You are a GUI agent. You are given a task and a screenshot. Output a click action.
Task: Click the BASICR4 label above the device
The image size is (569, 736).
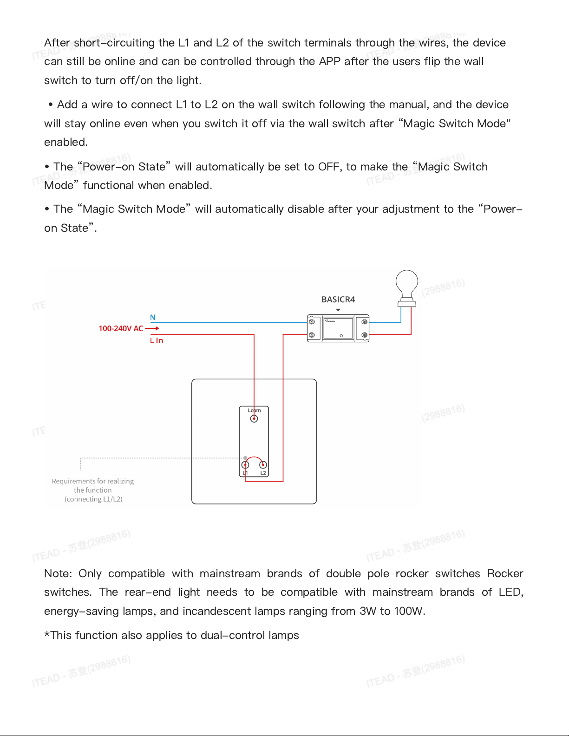[x=338, y=300]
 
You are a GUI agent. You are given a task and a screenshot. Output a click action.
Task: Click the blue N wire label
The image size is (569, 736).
[x=152, y=318]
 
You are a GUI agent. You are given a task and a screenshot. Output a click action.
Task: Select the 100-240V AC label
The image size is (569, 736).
[x=121, y=328]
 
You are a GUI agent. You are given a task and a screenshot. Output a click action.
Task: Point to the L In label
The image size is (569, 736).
[x=157, y=340]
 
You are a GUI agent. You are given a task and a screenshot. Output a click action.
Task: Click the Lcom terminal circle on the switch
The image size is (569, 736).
[x=254, y=418]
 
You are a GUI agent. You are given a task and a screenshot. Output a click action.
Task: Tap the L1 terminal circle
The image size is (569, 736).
[x=245, y=464]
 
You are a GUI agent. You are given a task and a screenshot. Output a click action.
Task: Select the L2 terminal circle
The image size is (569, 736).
[x=263, y=464]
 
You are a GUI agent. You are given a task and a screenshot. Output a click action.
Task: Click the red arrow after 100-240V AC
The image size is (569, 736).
[x=152, y=328]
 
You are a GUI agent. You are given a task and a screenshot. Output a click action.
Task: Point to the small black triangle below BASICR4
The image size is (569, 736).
[x=338, y=310]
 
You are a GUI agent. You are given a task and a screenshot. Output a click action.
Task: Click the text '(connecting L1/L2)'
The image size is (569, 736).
[x=93, y=499]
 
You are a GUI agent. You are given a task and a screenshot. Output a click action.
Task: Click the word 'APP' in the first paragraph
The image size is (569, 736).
[x=329, y=61]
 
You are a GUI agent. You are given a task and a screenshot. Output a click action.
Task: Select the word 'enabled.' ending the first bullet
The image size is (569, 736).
[x=65, y=142]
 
